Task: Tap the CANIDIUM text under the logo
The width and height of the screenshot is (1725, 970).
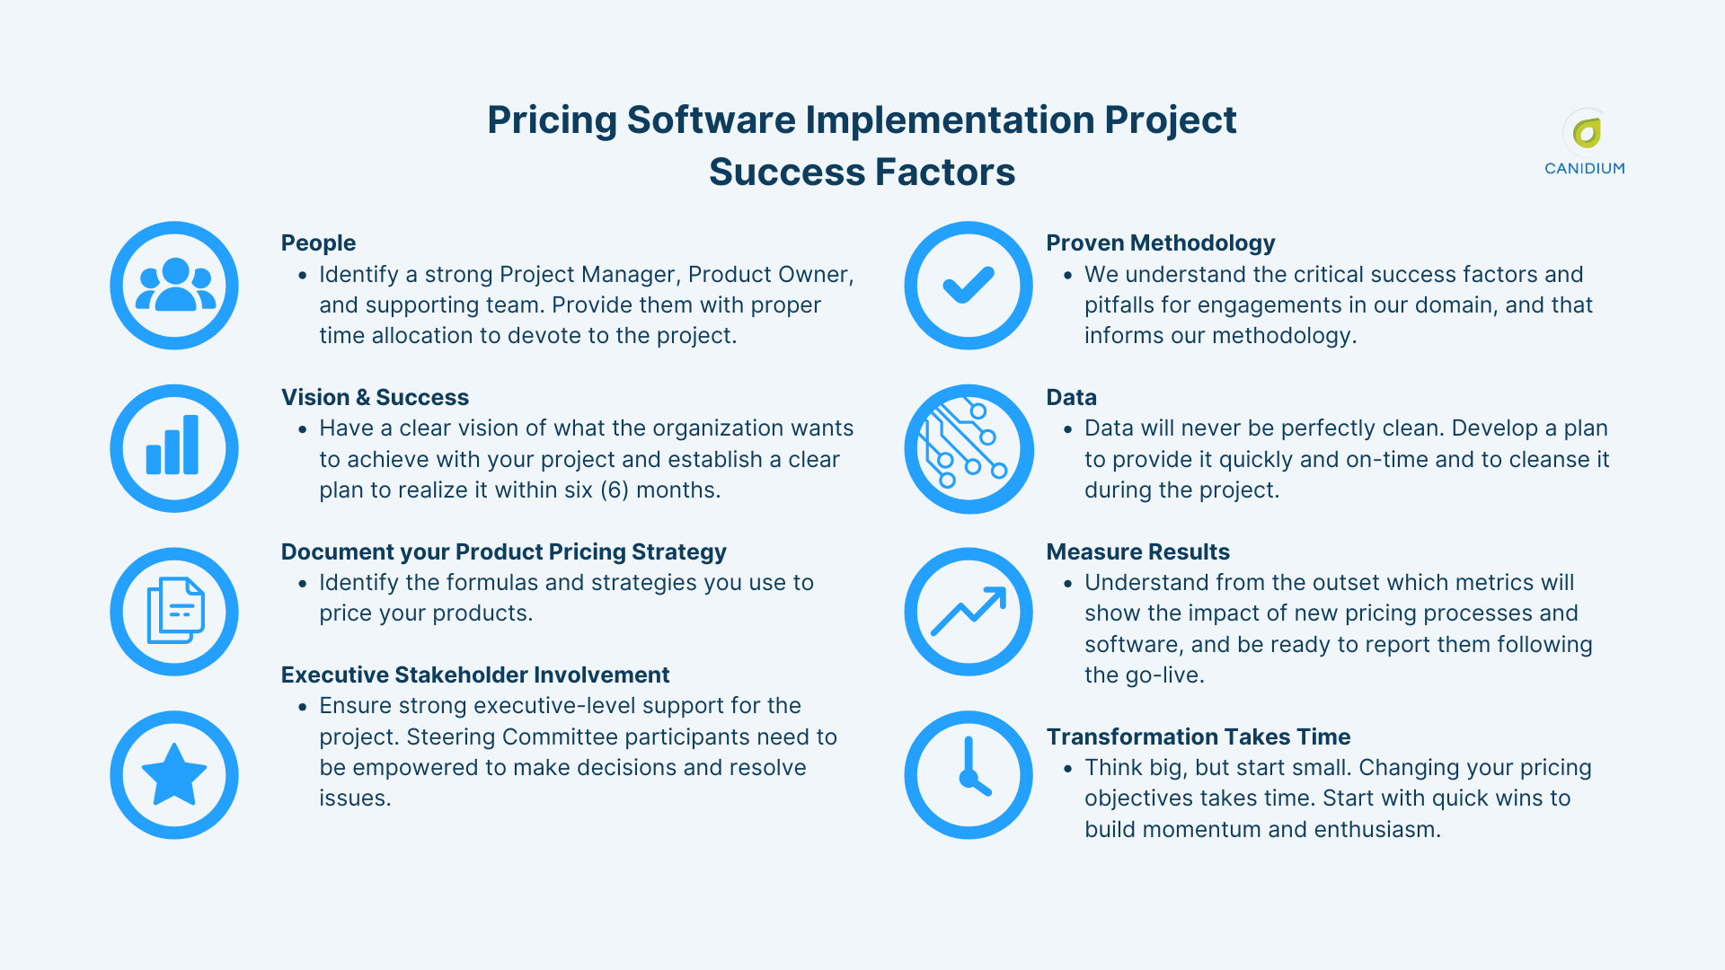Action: [x=1584, y=168]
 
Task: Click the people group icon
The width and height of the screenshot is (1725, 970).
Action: [x=174, y=286]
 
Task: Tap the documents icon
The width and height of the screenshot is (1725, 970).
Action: [x=174, y=612]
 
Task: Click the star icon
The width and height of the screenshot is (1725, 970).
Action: [x=174, y=774]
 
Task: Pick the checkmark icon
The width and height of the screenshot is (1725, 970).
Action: [x=969, y=286]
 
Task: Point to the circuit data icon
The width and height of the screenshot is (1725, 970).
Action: [x=969, y=448]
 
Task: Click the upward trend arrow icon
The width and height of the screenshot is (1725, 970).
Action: [x=969, y=612]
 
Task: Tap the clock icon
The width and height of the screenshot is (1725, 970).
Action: [x=969, y=774]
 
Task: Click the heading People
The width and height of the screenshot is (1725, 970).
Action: [x=318, y=242]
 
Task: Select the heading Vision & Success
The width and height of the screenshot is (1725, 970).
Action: [x=375, y=397]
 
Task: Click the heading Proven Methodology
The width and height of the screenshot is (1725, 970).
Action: [x=1160, y=242]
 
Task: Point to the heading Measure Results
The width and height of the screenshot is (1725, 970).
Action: [x=1137, y=551]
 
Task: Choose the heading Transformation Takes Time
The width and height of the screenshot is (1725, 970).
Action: [x=1198, y=736]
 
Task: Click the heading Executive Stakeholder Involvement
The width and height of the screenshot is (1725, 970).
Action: [x=475, y=675]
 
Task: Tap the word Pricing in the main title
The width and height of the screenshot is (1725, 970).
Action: [x=552, y=120]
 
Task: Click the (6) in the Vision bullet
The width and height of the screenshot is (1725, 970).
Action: [x=614, y=490]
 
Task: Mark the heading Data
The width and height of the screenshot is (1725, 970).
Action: [x=1071, y=397]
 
